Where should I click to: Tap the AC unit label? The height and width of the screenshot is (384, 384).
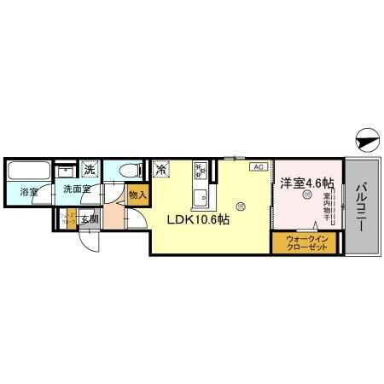tap(258, 167)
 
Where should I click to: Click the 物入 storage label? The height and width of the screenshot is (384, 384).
tap(137, 195)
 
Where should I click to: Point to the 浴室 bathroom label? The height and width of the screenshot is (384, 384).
tap(29, 192)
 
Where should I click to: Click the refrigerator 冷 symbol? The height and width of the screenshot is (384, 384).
tap(160, 169)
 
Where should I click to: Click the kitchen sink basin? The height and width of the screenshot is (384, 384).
tap(201, 199)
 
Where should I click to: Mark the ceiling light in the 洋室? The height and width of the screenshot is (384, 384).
tap(307, 195)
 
